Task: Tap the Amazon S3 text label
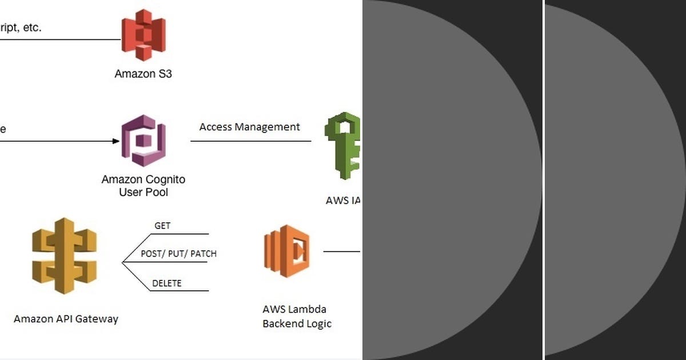tap(143, 74)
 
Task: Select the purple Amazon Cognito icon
tap(143, 141)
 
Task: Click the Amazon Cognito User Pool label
tap(143, 186)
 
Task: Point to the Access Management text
tap(249, 127)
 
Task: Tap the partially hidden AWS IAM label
tap(344, 201)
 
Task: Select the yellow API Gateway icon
tap(64, 255)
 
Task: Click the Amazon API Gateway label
tap(66, 319)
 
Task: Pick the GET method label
tap(162, 226)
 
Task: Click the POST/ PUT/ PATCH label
tap(178, 254)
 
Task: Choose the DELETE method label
tap(167, 283)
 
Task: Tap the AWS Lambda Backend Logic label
tap(296, 316)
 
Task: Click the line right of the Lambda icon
tap(342, 251)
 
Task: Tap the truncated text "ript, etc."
tap(21, 27)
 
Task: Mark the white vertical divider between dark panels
tap(544, 180)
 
